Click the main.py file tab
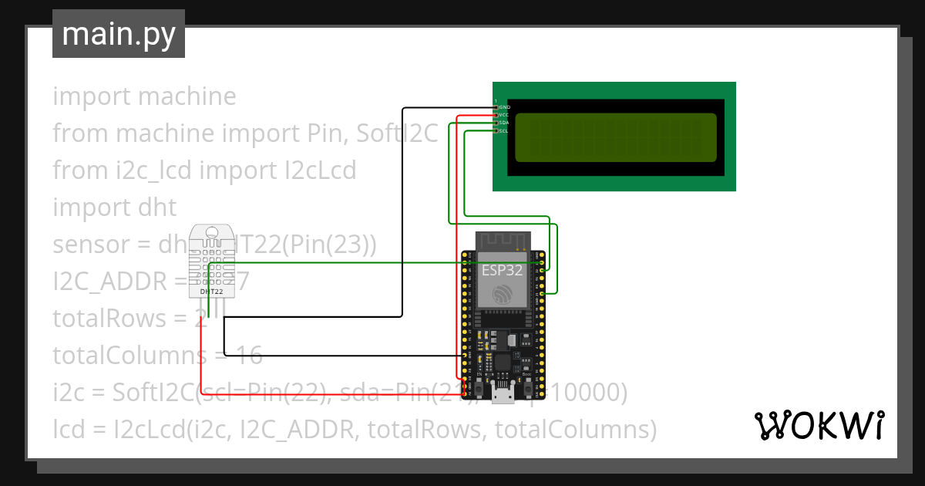coord(119,34)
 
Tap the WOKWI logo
coord(819,425)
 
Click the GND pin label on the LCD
coord(505,107)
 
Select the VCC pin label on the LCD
coord(504,115)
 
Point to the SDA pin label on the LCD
coord(504,123)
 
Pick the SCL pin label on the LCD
coord(503,131)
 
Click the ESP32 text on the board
coord(503,270)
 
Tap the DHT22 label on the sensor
coord(212,292)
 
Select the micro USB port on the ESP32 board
coord(505,395)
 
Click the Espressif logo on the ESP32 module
coord(503,294)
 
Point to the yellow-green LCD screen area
coord(615,137)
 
